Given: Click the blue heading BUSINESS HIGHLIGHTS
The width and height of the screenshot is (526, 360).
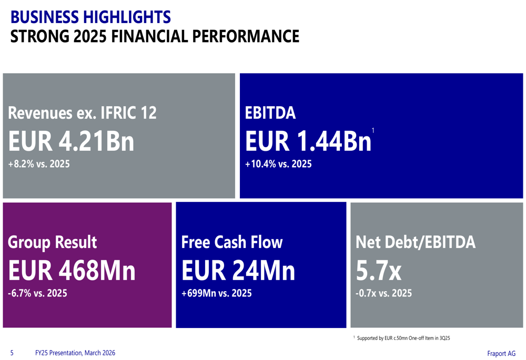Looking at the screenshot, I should tap(90, 17).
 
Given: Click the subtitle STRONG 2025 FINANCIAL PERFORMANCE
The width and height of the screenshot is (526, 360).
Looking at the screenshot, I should tap(155, 36).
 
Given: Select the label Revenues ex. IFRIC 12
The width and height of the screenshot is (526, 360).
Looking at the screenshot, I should tap(82, 112).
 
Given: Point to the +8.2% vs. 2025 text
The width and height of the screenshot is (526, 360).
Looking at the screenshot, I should tap(39, 164).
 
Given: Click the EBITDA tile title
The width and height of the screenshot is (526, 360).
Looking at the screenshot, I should tap(270, 112).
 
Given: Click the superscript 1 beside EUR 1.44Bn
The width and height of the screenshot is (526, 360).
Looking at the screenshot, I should tap(373, 130).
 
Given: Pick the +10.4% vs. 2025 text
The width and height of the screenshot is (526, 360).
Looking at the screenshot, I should tap(278, 164).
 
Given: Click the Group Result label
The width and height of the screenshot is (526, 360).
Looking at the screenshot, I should tap(52, 242).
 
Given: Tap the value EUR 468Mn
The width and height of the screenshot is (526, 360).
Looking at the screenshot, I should tap(72, 271).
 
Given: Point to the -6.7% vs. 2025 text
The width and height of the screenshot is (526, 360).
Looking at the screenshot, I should tap(37, 293).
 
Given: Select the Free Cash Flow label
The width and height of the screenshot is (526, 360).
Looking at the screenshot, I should tap(232, 242).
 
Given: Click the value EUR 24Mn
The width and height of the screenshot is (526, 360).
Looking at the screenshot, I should tap(238, 271).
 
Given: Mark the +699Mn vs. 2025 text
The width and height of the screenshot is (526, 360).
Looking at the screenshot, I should tap(216, 293).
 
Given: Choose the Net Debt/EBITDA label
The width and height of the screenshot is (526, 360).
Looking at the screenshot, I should tap(416, 242).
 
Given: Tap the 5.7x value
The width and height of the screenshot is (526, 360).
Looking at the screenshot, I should tap(379, 271).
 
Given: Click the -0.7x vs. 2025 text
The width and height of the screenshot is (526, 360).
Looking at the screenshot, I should tap(384, 293).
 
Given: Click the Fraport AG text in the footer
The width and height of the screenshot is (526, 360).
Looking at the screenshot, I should tap(501, 354).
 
